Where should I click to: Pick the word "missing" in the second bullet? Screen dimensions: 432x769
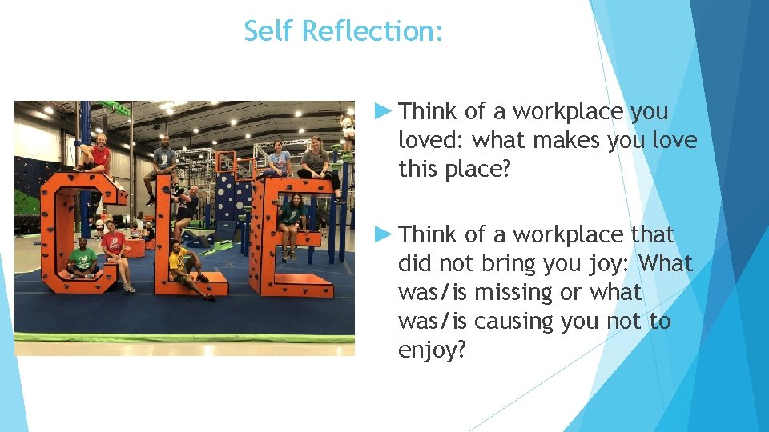pyautogui.click(x=513, y=293)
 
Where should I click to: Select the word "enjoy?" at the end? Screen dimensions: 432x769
pyautogui.click(x=432, y=350)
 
